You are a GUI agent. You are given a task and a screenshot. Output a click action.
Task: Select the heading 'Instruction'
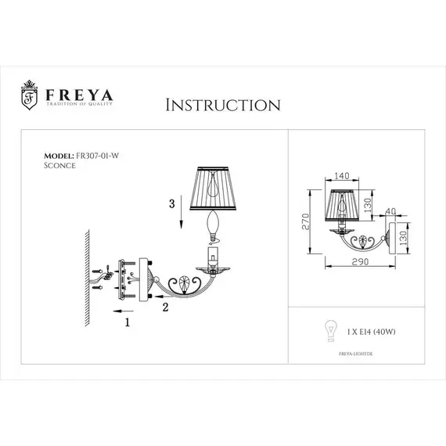(223, 105)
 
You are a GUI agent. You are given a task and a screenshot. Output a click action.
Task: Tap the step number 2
(166, 308)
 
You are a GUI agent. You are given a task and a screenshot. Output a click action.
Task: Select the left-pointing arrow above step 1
(110, 311)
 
